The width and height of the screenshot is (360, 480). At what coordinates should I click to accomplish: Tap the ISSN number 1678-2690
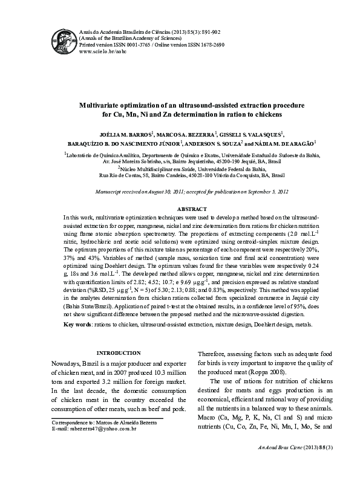(x=212, y=45)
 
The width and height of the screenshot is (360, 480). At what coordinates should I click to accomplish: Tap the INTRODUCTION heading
(x=119, y=352)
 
